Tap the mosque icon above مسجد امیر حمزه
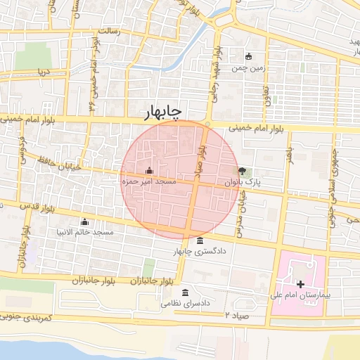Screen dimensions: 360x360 (149, 171)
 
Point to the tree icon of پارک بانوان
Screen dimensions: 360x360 (243, 171)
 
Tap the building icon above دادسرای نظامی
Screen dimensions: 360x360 (185, 292)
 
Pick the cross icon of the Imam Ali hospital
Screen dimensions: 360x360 (301, 285)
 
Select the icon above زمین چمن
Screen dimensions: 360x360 (248, 56)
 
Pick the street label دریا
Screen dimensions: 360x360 (44, 72)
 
